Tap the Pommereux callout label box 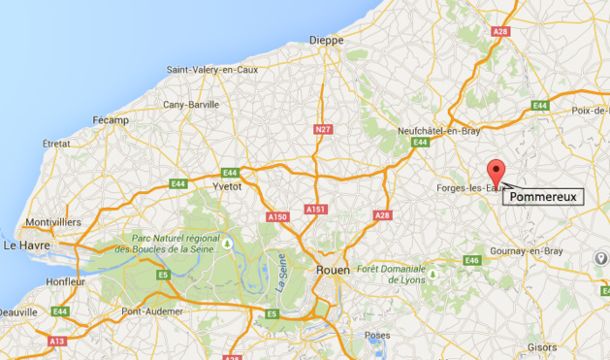click(543, 196)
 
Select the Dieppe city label click(327, 40)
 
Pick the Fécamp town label click(111, 120)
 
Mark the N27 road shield click(323, 127)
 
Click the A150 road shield click(277, 216)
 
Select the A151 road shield click(316, 209)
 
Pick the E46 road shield click(472, 260)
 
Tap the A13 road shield click(57, 342)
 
